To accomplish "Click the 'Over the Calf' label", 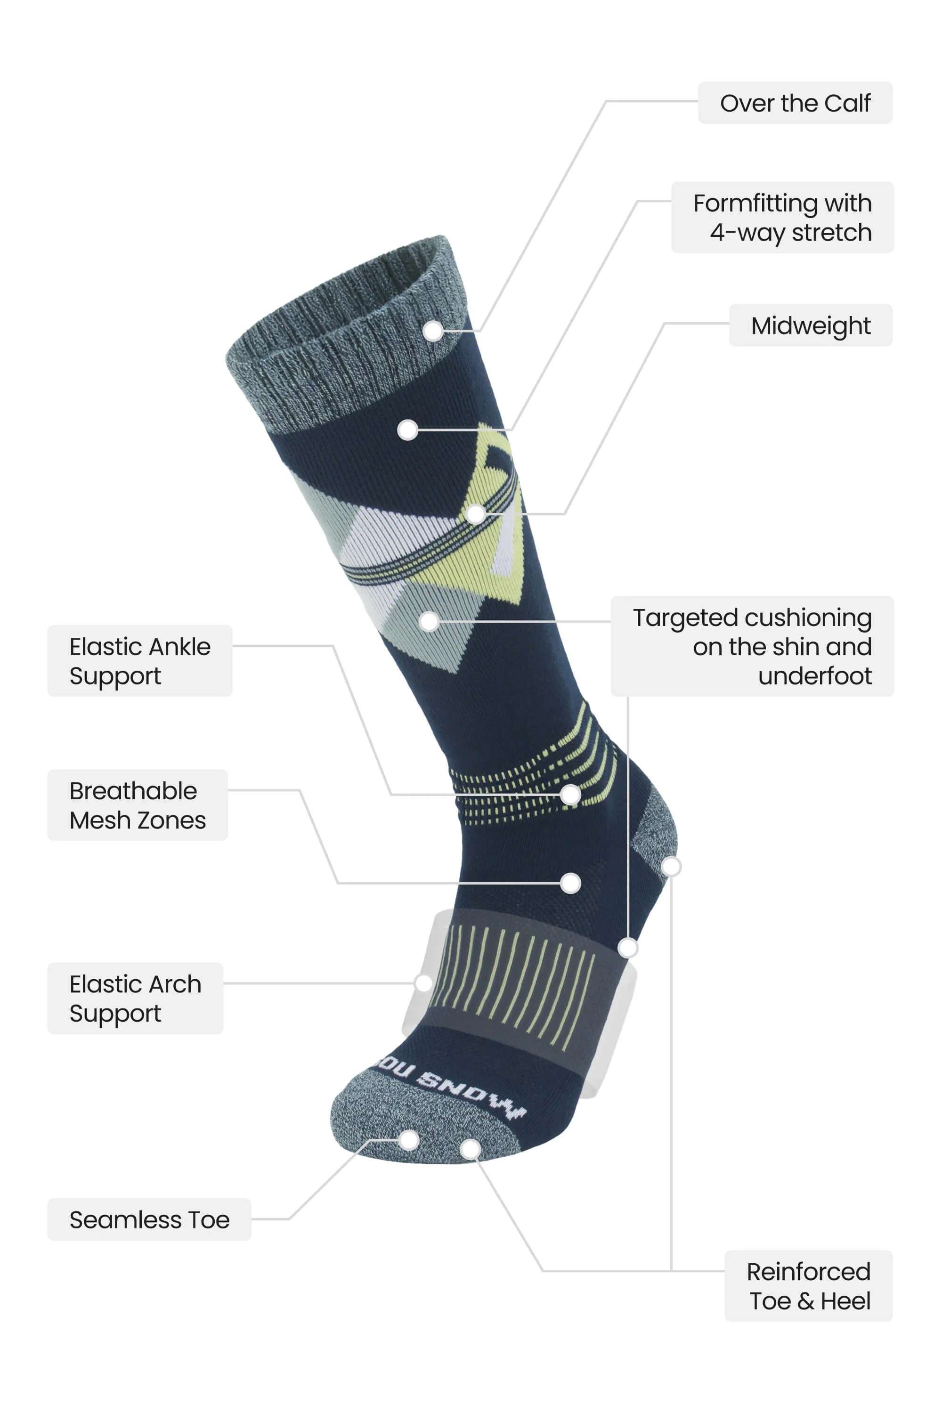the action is click(795, 103).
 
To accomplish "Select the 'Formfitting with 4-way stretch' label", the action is click(782, 218).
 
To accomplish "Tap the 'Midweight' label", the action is click(811, 325).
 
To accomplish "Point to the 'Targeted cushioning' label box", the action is click(752, 646).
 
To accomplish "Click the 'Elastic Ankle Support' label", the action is click(140, 661).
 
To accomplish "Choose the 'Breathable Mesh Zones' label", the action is click(138, 805).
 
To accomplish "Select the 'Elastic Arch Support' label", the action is click(135, 999).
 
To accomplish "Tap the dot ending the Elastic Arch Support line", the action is click(423, 983).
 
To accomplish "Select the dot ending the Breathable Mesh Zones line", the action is click(570, 883).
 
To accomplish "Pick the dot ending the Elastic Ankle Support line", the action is click(570, 795).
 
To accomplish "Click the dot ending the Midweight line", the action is click(476, 514).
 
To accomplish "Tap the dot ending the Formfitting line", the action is click(408, 430).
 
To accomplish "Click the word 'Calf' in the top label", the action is click(847, 103).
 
